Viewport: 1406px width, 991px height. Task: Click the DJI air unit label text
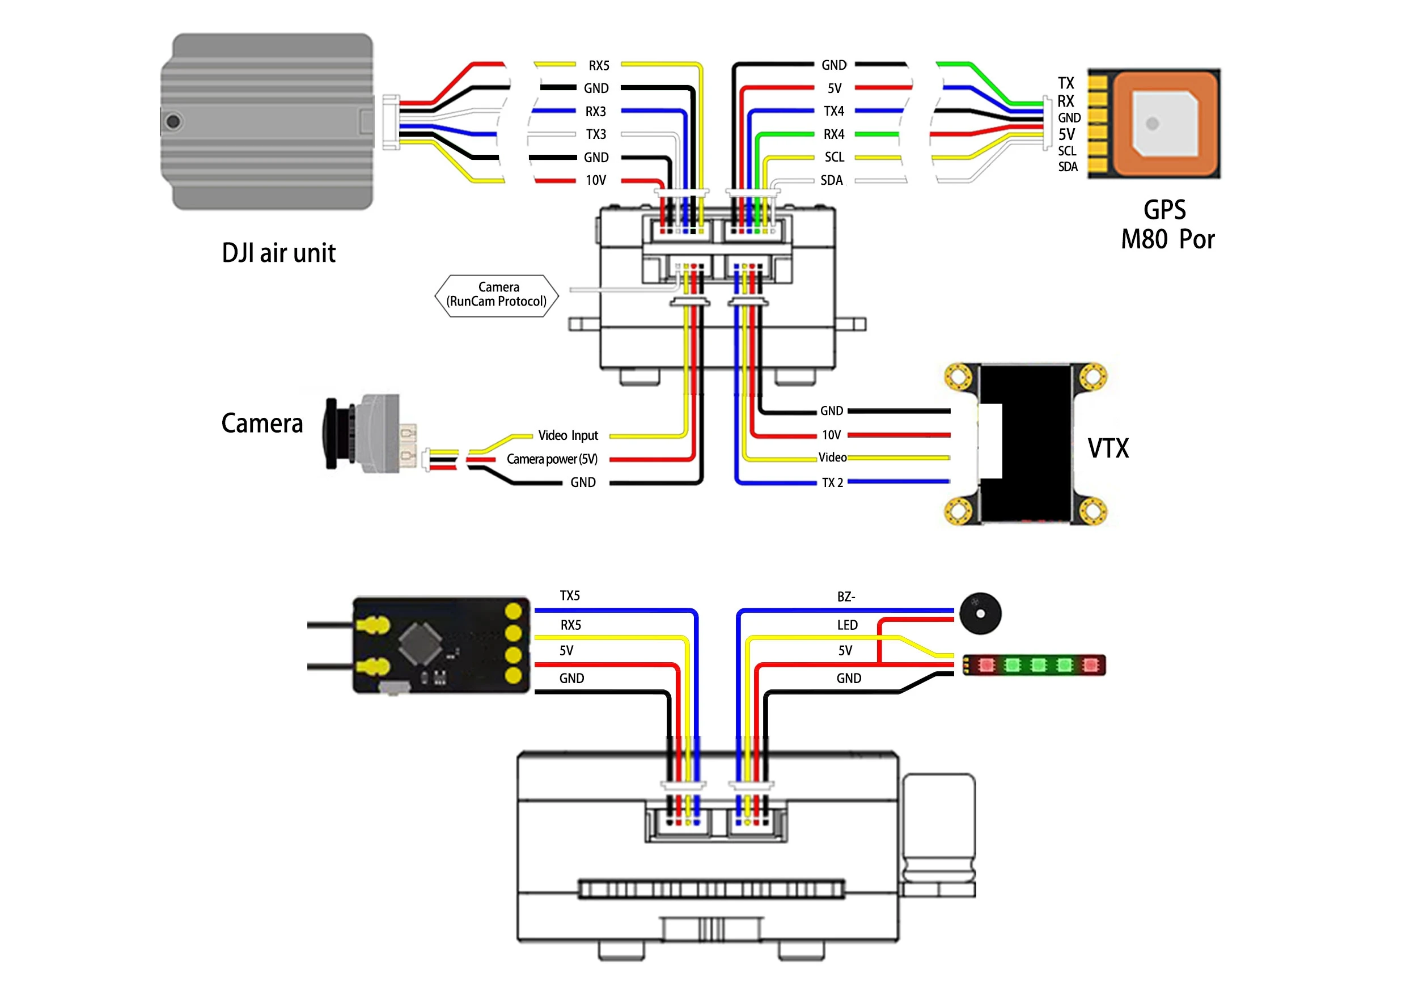coord(278,253)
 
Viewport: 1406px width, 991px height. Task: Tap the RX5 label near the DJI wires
coord(599,66)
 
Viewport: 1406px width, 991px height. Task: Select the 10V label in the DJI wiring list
coord(596,180)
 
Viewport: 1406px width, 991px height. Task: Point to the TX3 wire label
coord(596,134)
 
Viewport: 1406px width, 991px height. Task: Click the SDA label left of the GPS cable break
coord(832,180)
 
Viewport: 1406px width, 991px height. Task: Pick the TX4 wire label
coord(833,111)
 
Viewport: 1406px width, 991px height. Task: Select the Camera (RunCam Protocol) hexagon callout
coord(497,295)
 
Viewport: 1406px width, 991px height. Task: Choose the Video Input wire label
coord(568,435)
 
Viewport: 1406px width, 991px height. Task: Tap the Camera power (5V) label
coord(552,459)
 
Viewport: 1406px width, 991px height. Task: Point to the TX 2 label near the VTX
coord(832,482)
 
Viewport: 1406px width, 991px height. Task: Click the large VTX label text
coord(1108,448)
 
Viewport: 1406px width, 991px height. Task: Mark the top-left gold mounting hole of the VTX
coord(958,376)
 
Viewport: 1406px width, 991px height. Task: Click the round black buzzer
coord(980,613)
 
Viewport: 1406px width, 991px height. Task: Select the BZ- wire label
coord(846,596)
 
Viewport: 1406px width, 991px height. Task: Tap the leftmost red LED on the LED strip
coord(986,665)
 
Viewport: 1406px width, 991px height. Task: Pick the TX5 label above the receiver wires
coord(570,595)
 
